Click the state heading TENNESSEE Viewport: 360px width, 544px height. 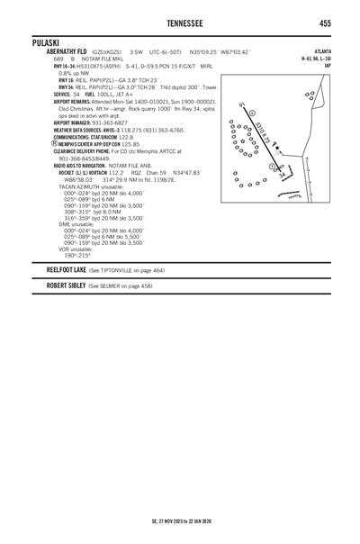click(x=179, y=22)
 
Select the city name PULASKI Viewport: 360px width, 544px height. click(x=45, y=43)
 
